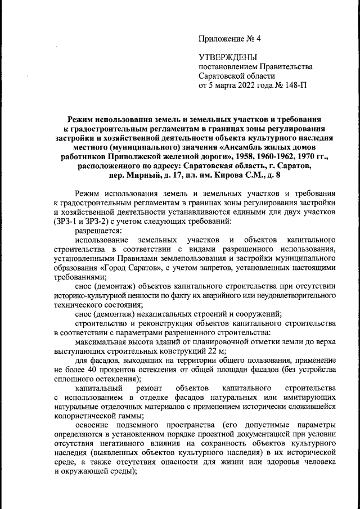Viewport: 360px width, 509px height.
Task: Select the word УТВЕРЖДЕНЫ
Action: point(228,57)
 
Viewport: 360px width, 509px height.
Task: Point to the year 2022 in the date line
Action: point(242,86)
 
